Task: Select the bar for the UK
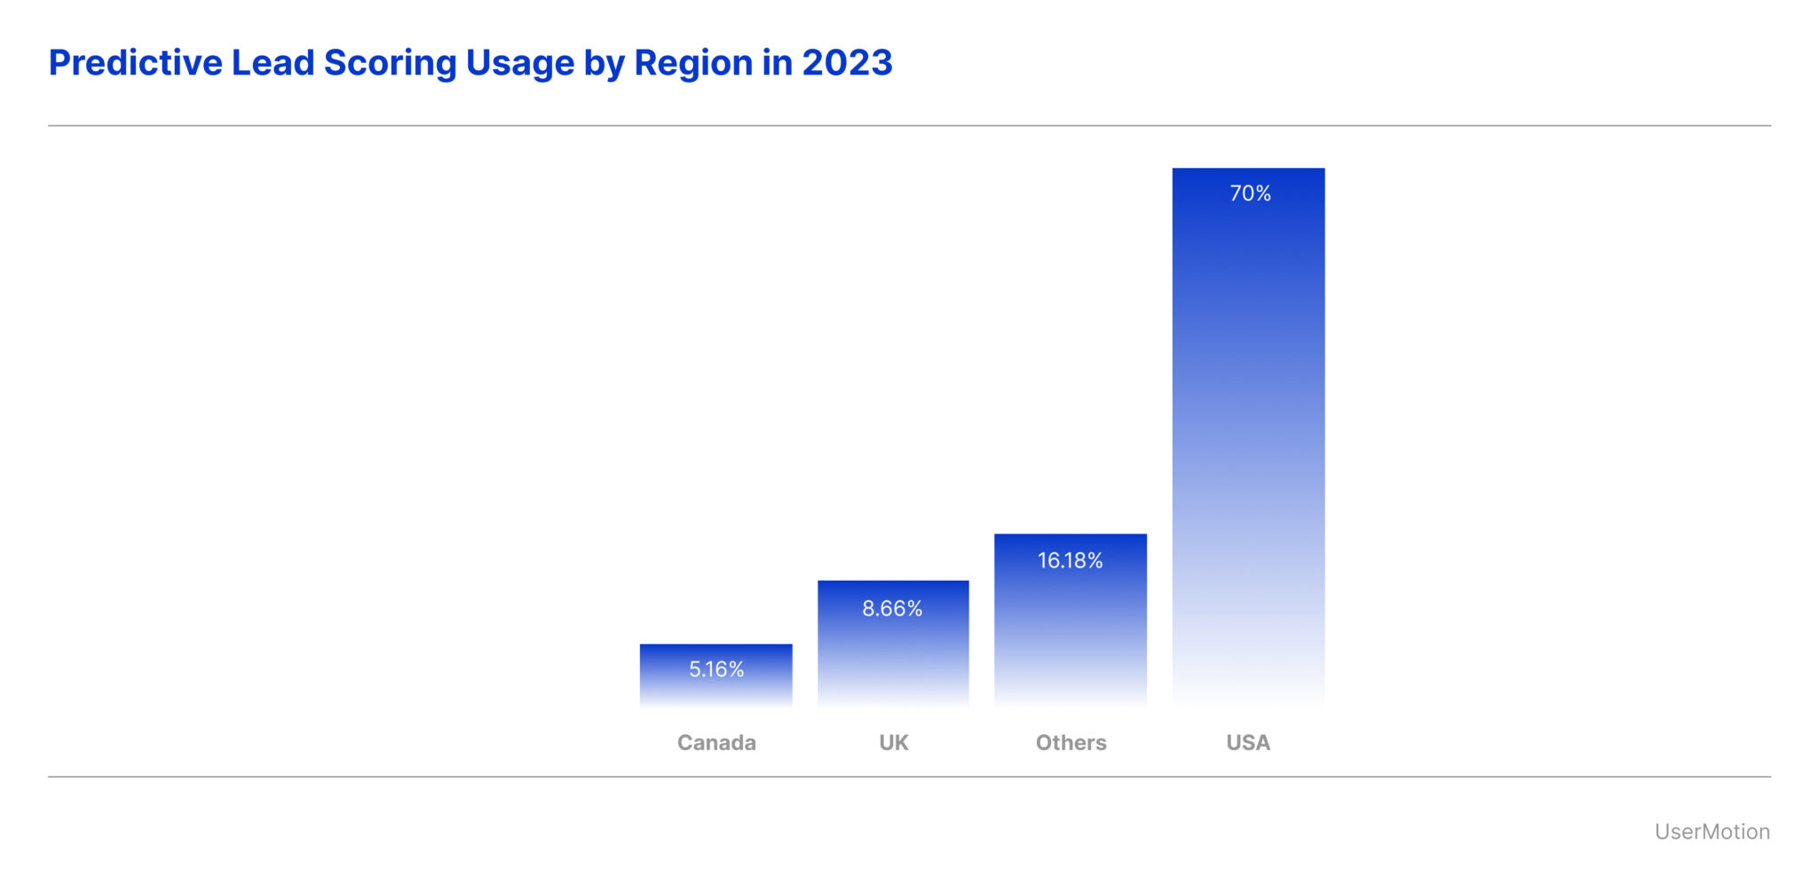(x=893, y=657)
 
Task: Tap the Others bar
(x=1071, y=630)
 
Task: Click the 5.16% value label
(x=716, y=669)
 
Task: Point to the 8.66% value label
(x=892, y=609)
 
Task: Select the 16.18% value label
(x=1070, y=561)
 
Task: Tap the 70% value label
(x=1250, y=194)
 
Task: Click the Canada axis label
(x=716, y=742)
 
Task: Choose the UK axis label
(x=893, y=742)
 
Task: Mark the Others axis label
(x=1071, y=742)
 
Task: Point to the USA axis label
(x=1248, y=742)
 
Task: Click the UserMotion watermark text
(x=1711, y=832)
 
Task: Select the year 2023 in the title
(x=847, y=63)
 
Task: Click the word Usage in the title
(x=519, y=63)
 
